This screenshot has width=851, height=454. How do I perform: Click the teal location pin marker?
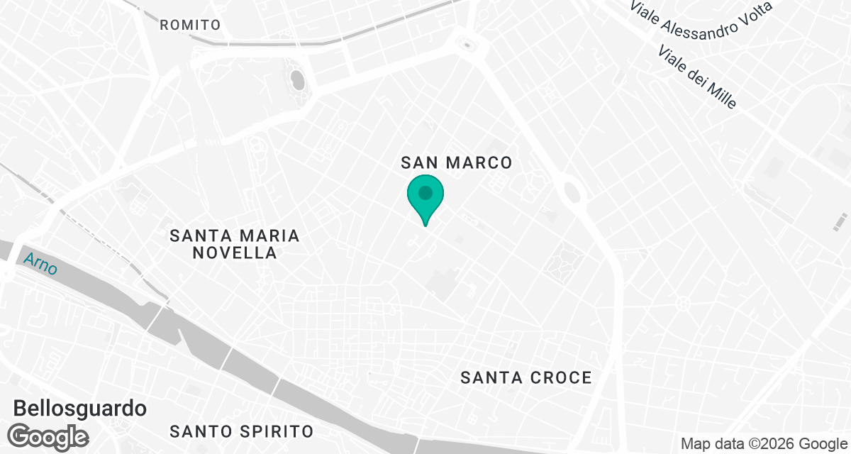pyautogui.click(x=425, y=199)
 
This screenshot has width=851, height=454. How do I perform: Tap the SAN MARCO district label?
pyautogui.click(x=456, y=162)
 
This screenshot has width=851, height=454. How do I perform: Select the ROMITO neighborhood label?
pyautogui.click(x=190, y=25)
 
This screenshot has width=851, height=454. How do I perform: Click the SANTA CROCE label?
pyautogui.click(x=525, y=377)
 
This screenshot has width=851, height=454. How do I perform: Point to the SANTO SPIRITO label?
pyautogui.click(x=242, y=431)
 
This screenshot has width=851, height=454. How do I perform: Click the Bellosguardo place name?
pyautogui.click(x=80, y=409)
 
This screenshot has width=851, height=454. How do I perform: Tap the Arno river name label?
pyautogui.click(x=40, y=265)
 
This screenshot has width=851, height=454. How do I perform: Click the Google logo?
pyautogui.click(x=48, y=436)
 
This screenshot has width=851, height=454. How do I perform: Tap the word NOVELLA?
pyautogui.click(x=234, y=253)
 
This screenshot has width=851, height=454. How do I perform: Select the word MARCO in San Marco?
pyautogui.click(x=479, y=162)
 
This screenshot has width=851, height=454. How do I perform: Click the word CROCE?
pyautogui.click(x=562, y=377)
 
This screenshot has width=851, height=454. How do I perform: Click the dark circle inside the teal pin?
pyautogui.click(x=425, y=192)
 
